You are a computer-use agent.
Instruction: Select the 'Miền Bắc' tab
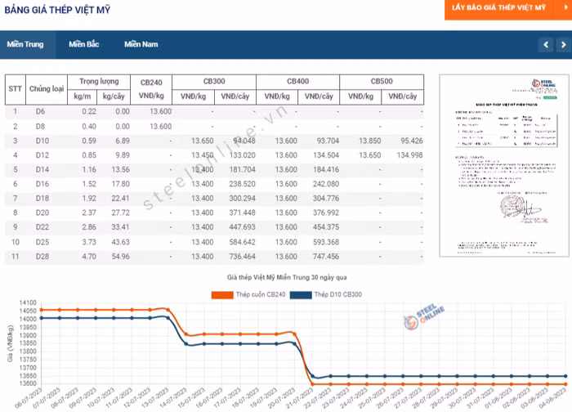coord(84,44)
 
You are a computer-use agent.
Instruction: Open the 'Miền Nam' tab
coord(141,44)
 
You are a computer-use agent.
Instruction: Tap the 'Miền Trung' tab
coord(25,44)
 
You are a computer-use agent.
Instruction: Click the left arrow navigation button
coord(546,44)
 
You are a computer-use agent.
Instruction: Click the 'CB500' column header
coord(382,82)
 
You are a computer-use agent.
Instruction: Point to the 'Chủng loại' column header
coord(47,88)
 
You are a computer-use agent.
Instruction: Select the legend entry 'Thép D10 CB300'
coord(328,294)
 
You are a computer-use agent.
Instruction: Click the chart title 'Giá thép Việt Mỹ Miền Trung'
coord(287,279)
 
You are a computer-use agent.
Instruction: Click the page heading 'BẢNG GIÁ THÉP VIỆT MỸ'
coord(56,10)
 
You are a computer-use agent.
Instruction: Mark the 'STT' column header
coord(15,88)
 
